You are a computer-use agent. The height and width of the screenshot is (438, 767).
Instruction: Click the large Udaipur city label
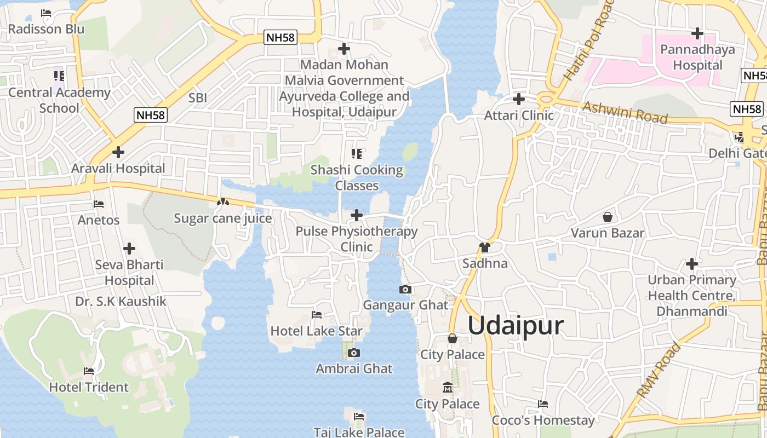pos(516,326)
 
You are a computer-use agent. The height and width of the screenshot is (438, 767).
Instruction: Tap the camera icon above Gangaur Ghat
pos(405,290)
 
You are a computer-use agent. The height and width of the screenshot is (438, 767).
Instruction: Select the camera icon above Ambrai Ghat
pos(354,353)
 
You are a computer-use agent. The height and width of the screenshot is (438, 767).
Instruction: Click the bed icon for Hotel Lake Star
pos(317,315)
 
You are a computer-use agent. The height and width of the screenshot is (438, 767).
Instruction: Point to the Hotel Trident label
pos(89,387)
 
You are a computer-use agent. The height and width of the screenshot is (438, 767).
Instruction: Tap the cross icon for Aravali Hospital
pos(118,152)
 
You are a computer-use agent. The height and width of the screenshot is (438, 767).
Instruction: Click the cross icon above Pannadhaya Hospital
pos(697,34)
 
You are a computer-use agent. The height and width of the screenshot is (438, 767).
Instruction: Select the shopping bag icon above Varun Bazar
pos(607,217)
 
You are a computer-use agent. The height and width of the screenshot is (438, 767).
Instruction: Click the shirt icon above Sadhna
pos(484,247)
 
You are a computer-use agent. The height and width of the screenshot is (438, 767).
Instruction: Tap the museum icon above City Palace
pos(448,388)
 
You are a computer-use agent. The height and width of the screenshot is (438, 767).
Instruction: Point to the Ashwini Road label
pos(625,112)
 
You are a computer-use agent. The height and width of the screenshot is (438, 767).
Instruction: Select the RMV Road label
pos(659,370)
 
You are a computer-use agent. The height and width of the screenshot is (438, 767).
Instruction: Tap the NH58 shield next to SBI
pos(151,115)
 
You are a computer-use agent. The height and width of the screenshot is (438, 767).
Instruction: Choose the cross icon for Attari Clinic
pos(518,100)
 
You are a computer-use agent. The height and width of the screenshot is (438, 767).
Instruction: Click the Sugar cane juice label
pos(223,218)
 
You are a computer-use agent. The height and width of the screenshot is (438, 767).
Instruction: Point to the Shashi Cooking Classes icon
pos(357,154)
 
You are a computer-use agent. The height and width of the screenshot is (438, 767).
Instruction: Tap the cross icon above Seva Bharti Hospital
pos(129,249)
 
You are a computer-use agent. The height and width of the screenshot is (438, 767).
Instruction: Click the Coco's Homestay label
pos(543,420)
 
